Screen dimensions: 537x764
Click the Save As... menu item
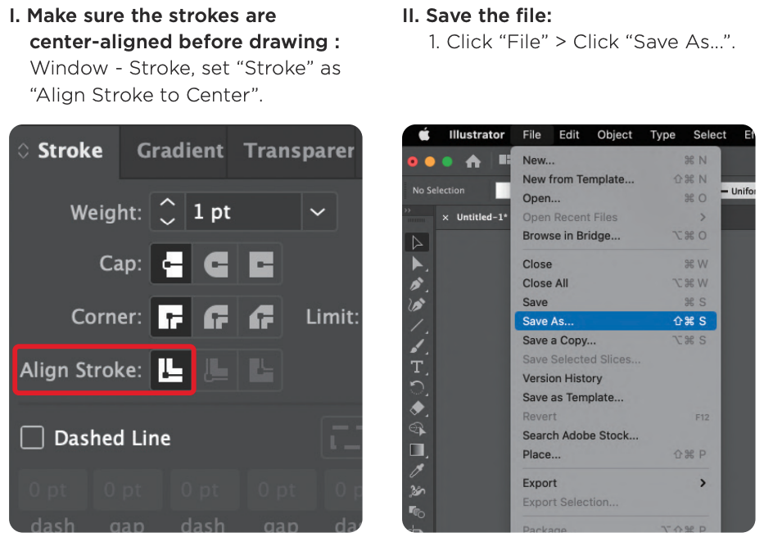(x=549, y=322)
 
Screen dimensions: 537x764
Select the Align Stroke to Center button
(x=171, y=370)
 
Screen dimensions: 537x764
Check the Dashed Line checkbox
(x=32, y=438)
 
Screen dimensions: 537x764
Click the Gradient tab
(x=180, y=151)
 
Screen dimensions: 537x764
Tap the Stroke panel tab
(x=70, y=151)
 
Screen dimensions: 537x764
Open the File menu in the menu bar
(x=531, y=135)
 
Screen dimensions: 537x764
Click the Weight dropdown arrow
(x=318, y=212)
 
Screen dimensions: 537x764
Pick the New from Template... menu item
(x=578, y=179)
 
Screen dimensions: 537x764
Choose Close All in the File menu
(x=545, y=283)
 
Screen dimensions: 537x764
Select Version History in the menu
(x=562, y=378)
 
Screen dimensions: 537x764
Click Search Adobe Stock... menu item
(x=581, y=435)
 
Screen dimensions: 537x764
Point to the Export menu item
(x=540, y=483)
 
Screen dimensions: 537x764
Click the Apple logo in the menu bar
(x=424, y=135)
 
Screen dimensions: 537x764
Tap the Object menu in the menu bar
(x=614, y=135)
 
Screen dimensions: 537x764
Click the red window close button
(x=413, y=161)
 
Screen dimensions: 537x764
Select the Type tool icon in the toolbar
(x=417, y=367)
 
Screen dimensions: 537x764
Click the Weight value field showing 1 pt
(x=242, y=212)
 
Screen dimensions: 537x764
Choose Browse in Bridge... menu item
(x=572, y=236)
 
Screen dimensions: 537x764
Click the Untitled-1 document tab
(x=481, y=218)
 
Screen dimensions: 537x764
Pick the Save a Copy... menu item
(x=559, y=341)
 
